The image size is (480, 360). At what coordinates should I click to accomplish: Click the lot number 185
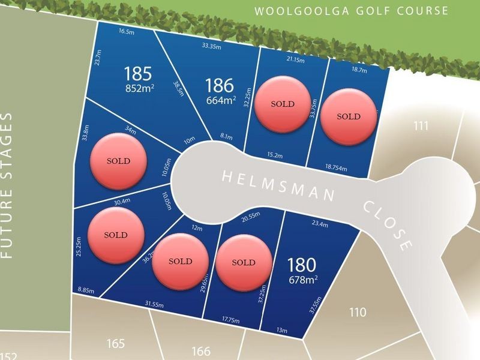(x=138, y=74)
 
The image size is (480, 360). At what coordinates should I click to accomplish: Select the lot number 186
(x=220, y=85)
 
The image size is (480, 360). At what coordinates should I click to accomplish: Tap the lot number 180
(x=301, y=264)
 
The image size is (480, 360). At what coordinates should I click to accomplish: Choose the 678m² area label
(x=302, y=278)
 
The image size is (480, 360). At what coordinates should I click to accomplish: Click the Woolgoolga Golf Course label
(x=351, y=11)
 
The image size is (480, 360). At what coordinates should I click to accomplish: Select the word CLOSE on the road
(x=388, y=226)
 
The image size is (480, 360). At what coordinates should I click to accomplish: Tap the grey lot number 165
(x=115, y=344)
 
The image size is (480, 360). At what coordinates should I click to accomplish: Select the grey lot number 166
(x=201, y=351)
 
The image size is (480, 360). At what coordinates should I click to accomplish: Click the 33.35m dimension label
(x=211, y=45)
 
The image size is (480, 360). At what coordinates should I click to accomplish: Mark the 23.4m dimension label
(x=320, y=225)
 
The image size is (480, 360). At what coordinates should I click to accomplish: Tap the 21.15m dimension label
(x=295, y=60)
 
